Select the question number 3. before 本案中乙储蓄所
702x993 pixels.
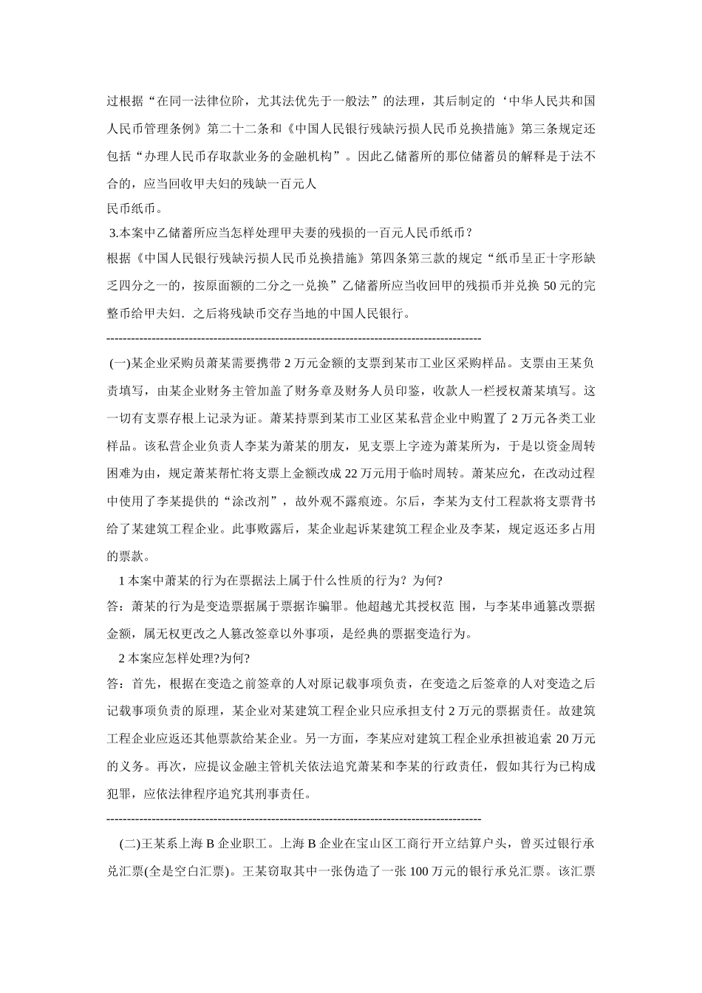pos(114,233)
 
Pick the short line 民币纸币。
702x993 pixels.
pos(133,208)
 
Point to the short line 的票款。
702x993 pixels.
pos(129,555)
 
